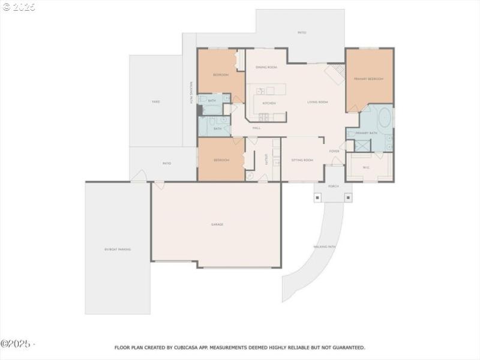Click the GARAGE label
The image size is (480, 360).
point(217,224)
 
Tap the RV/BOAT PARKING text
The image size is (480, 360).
point(117,249)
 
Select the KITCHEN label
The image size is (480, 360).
point(269,104)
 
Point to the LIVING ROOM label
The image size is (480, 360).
point(317,102)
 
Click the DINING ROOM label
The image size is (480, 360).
point(266,67)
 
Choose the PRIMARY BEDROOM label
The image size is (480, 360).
point(368,79)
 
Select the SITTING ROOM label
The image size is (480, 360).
point(302,160)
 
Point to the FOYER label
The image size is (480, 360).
point(334,151)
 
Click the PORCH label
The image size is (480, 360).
point(333,187)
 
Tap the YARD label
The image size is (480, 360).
point(155,102)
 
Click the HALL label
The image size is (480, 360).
point(256,128)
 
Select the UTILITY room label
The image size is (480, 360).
point(265,158)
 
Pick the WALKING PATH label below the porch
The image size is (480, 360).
point(325,247)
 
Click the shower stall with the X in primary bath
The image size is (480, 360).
point(362,146)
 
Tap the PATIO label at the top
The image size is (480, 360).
point(301,32)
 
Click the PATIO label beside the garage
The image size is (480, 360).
point(167,163)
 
